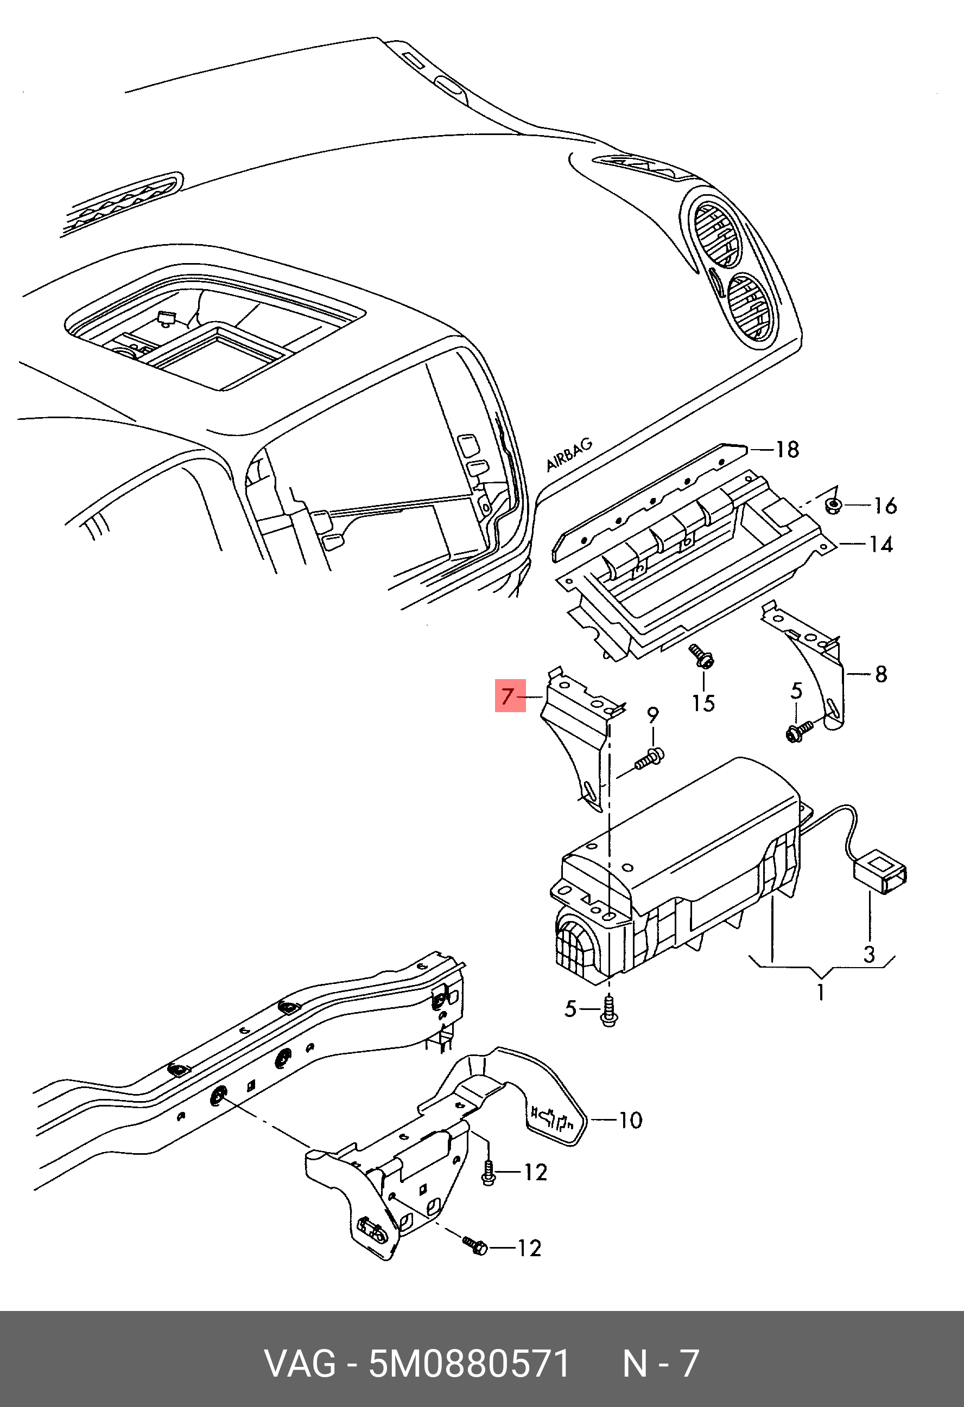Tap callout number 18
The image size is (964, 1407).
pyautogui.click(x=788, y=450)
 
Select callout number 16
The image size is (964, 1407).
pyautogui.click(x=885, y=506)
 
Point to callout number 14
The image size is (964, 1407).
pyautogui.click(x=881, y=545)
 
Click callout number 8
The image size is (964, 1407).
pyautogui.click(x=881, y=674)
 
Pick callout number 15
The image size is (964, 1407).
pyautogui.click(x=703, y=703)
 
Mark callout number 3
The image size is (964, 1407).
pyautogui.click(x=869, y=955)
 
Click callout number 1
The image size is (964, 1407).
pyautogui.click(x=820, y=993)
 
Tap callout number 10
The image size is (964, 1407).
pyautogui.click(x=630, y=1120)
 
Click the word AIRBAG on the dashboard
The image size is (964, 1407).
pyautogui.click(x=569, y=455)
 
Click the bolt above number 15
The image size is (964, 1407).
pyautogui.click(x=702, y=657)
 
